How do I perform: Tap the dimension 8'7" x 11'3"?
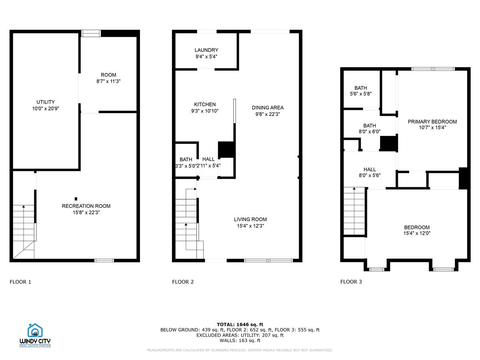point(108,81)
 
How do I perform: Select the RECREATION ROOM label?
point(86,206)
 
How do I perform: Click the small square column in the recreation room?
point(76,198)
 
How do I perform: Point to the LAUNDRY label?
point(206,50)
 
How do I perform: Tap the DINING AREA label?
point(268,108)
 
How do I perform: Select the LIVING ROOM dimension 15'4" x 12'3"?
point(250,226)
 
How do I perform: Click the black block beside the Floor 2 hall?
point(225,149)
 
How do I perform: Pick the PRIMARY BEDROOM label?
point(432,122)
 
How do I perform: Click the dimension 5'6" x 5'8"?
point(360,94)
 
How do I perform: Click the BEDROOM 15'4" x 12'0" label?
point(417,227)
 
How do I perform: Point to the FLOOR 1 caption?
point(20,282)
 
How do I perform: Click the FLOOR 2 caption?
point(183,282)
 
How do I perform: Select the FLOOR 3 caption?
point(351,282)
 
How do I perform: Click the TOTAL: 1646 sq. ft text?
point(240,324)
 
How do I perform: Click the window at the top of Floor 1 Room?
point(90,33)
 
